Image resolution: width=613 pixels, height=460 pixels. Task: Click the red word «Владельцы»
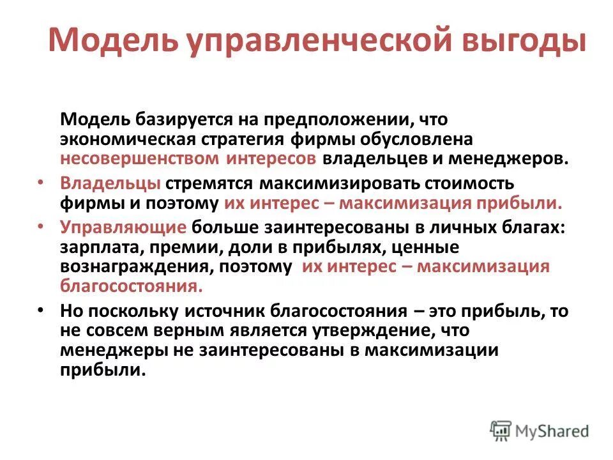click(x=110, y=183)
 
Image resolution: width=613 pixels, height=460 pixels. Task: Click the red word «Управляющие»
click(x=124, y=228)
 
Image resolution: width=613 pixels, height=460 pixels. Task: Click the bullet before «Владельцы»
click(x=42, y=183)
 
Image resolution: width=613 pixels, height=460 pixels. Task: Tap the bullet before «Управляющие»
click(x=42, y=227)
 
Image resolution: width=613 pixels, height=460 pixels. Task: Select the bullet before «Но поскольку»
click(x=42, y=311)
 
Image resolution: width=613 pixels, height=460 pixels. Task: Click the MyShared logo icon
click(x=500, y=431)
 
